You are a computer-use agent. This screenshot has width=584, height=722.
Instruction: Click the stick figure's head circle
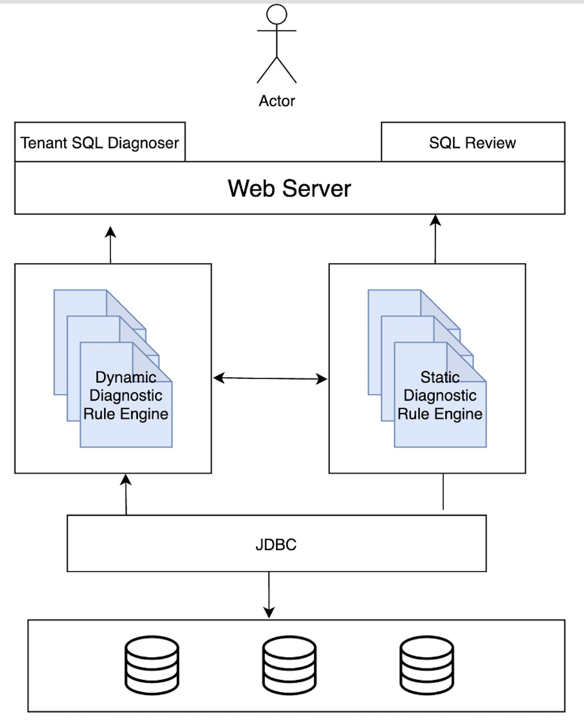[277, 15]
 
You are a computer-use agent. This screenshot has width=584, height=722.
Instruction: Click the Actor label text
[277, 101]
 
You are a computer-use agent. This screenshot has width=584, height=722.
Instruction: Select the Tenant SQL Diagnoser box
[100, 143]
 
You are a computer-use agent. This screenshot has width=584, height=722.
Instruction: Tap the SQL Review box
[472, 143]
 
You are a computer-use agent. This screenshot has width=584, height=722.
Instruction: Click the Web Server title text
[289, 188]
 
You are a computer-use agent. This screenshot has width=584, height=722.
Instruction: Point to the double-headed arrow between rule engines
[270, 378]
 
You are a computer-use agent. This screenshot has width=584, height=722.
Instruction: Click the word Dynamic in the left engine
[126, 377]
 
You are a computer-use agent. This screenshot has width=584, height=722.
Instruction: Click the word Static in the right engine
[440, 377]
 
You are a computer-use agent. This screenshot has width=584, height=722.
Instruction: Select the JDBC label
[276, 545]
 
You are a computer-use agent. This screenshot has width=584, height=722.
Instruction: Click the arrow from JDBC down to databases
[269, 594]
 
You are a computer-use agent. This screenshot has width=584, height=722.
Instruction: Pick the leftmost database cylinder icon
[152, 665]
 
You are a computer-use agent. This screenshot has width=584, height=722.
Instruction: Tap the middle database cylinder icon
[289, 665]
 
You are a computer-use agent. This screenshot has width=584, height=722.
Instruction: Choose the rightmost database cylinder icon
[427, 665]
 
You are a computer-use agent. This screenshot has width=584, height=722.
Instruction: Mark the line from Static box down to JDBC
[443, 491]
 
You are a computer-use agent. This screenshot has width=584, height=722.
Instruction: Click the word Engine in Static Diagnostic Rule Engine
[458, 414]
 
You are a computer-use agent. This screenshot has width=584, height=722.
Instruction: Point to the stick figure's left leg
[267, 71]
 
